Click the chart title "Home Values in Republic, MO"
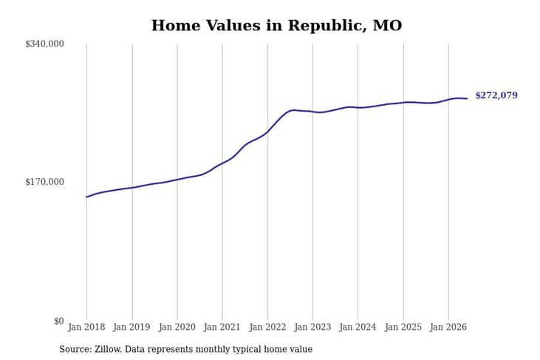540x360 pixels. tap(276, 25)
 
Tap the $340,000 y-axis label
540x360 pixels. tap(44, 44)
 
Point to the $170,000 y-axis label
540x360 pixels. tap(44, 182)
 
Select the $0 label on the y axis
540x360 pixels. tap(59, 321)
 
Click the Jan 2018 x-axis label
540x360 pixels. tap(86, 327)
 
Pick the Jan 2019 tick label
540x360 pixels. tap(132, 327)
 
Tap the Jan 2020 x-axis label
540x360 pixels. tap(177, 327)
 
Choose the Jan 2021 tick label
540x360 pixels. tap(222, 327)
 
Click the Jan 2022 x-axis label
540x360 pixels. tap(267, 327)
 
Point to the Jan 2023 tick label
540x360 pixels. tap(312, 327)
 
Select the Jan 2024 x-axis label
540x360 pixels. tap(358, 327)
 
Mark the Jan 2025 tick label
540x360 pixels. tap(403, 327)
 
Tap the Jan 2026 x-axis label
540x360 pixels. tap(448, 327)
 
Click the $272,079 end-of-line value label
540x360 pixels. tap(496, 95)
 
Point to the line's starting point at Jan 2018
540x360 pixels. tap(86, 197)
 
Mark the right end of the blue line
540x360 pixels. tap(467, 98)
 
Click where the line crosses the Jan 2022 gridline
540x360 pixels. tap(267, 132)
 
